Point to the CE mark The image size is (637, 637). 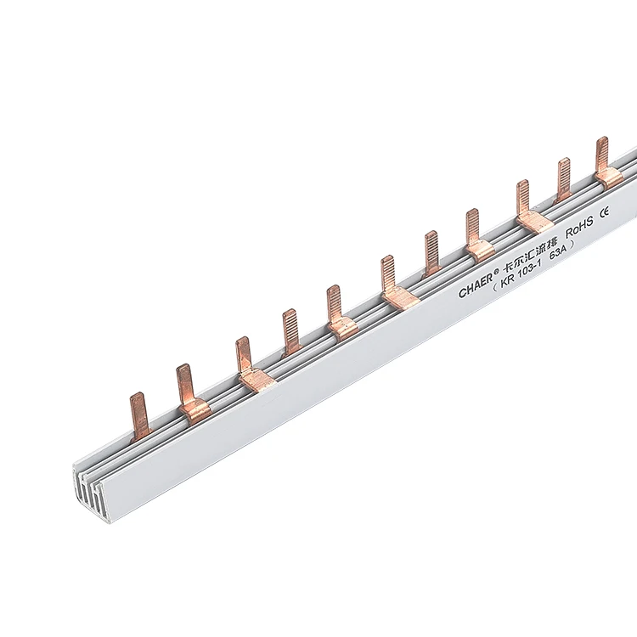tap(605, 211)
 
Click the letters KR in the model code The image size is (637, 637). tap(508, 281)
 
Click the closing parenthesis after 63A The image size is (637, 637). tap(572, 245)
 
